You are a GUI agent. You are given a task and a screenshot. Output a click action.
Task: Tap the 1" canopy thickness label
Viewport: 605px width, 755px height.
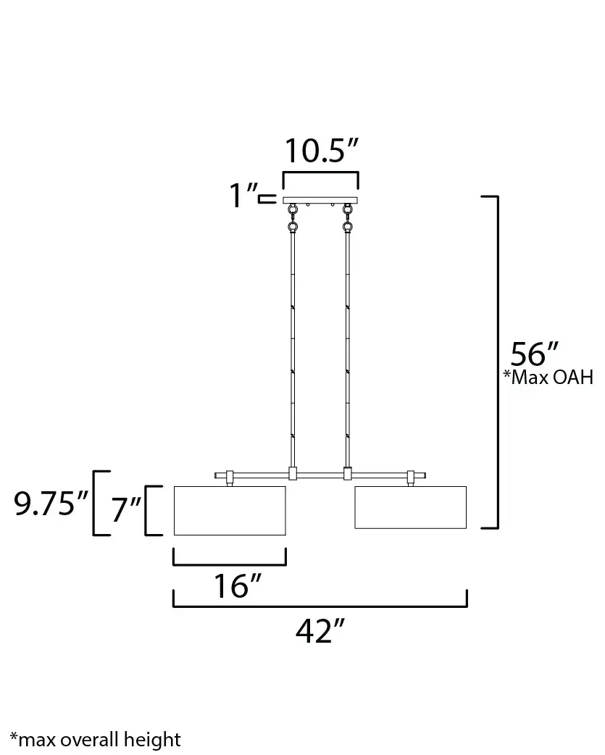click(x=243, y=196)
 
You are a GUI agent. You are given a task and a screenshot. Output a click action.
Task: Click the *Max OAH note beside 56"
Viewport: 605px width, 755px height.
click(x=548, y=377)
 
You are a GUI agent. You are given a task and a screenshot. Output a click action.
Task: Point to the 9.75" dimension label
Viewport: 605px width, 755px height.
click(x=51, y=504)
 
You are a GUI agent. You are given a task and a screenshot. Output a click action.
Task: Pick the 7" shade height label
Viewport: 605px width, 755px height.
click(x=126, y=509)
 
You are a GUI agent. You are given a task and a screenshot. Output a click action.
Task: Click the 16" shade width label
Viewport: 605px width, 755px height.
click(x=237, y=586)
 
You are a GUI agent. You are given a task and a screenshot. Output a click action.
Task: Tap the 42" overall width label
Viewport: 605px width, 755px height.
click(x=320, y=631)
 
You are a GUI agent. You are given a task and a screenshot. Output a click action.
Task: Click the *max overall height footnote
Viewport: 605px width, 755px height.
click(x=96, y=740)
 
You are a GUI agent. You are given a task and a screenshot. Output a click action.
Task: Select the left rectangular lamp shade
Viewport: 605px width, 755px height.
click(x=230, y=510)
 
